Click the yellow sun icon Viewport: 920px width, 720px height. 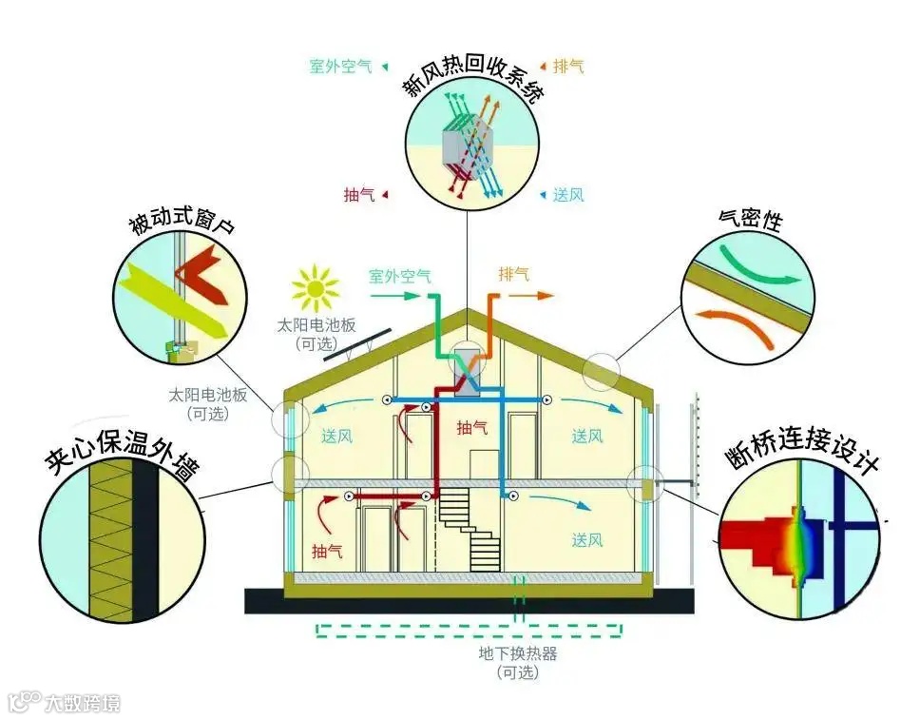(x=316, y=288)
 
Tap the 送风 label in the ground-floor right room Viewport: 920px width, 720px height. (x=587, y=540)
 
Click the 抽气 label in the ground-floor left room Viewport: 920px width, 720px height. (x=327, y=551)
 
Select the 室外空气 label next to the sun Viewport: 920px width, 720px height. (x=399, y=277)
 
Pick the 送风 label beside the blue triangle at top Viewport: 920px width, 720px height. (x=568, y=195)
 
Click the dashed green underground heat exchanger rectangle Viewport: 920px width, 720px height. (x=470, y=631)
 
